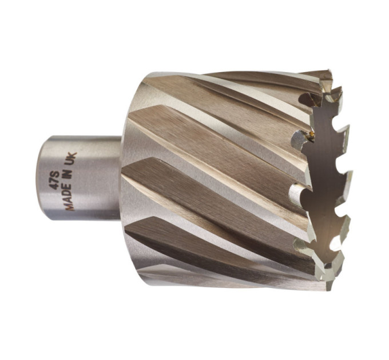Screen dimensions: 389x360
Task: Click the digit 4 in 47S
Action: (x=55, y=186)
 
